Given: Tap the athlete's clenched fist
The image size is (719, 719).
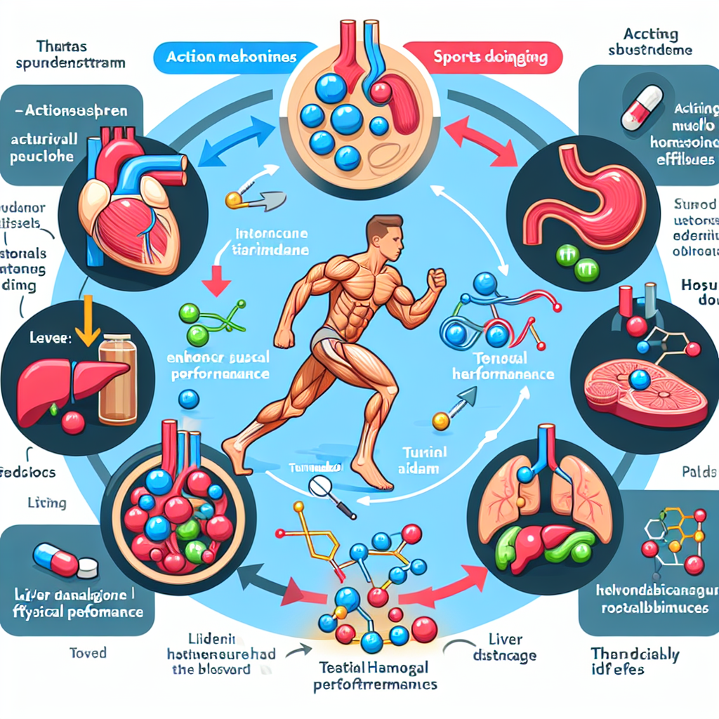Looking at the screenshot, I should tap(437, 279).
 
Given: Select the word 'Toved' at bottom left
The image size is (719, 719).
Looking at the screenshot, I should tap(88, 653).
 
